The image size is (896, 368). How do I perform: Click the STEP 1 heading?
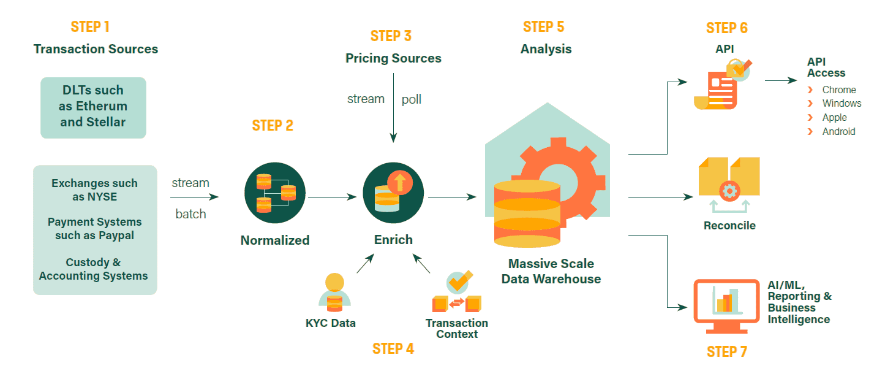coord(90,26)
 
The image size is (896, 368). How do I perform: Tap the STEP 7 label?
coord(727,351)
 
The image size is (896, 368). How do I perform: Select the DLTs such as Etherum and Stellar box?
coord(93,107)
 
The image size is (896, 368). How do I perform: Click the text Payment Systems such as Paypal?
coord(95,229)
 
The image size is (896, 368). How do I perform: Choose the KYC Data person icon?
coord(334,293)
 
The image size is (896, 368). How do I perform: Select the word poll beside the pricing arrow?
coord(412,99)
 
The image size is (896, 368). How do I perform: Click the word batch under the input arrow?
coord(190,214)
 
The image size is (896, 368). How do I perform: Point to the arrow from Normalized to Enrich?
coord(331,197)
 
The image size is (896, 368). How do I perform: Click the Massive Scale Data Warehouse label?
coord(551,271)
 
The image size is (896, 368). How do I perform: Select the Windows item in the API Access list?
coord(841,104)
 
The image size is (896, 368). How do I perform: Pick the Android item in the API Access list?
coord(838,131)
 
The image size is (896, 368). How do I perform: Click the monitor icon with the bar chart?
coord(728,302)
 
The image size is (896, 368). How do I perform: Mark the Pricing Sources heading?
coord(393,58)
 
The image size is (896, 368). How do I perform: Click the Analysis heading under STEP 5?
coord(546,49)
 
